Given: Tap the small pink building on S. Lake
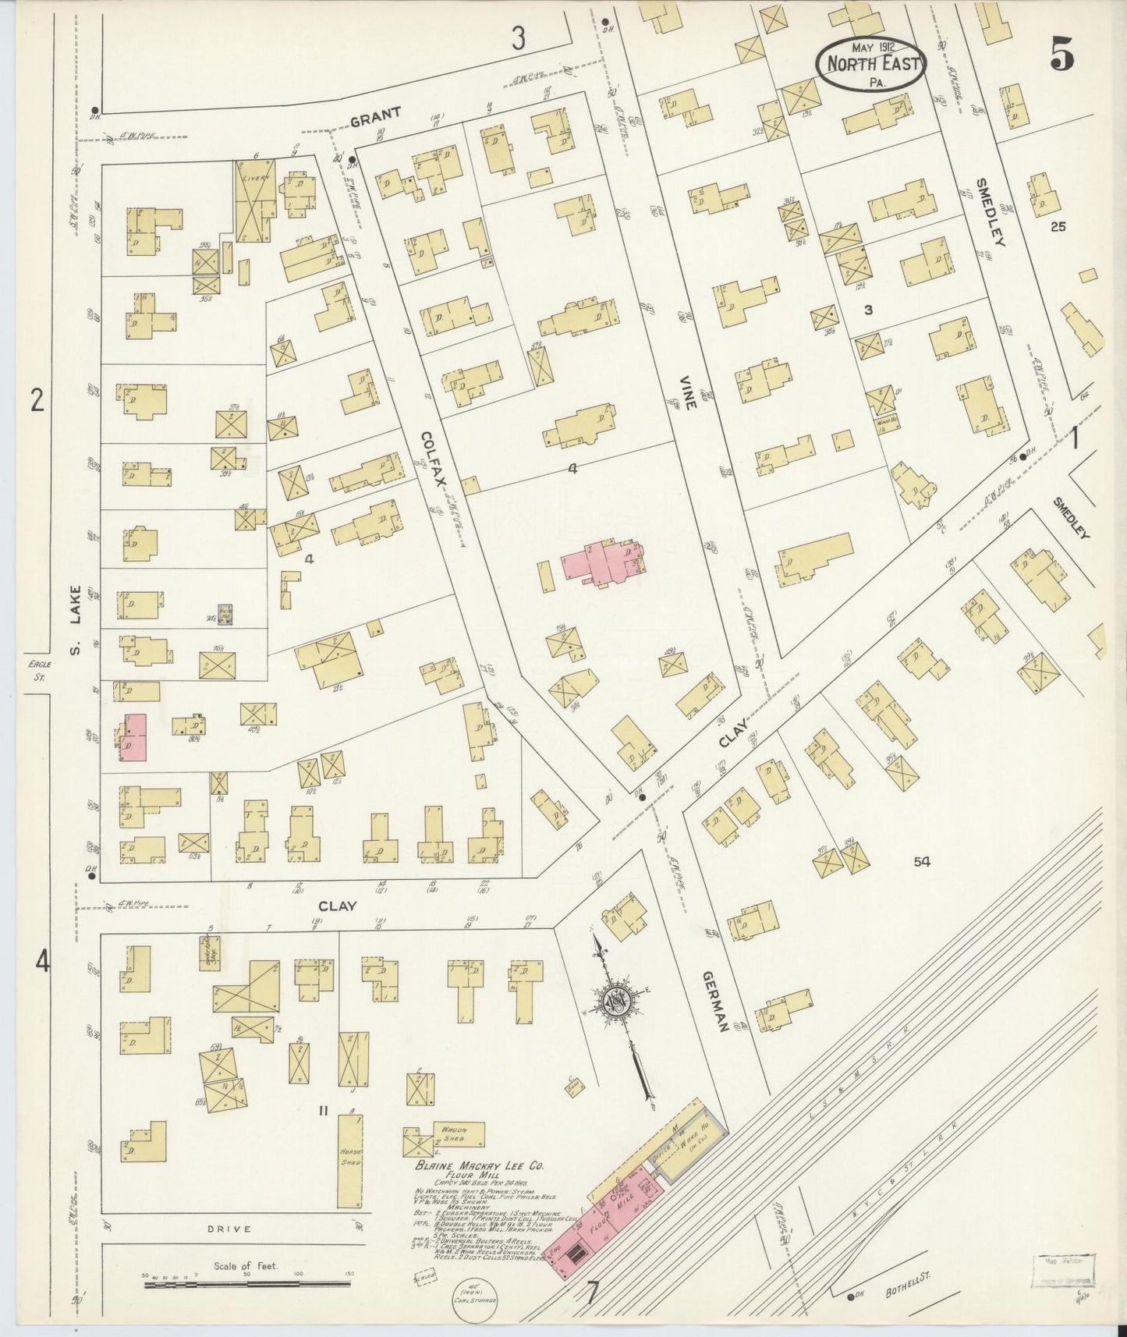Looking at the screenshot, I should pos(133,737).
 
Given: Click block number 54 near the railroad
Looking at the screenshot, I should pos(923,861).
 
